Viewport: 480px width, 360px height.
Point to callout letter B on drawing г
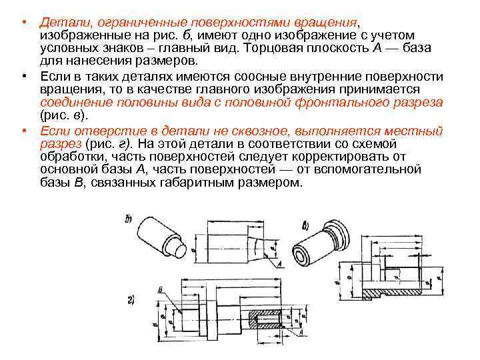(x=161, y=289)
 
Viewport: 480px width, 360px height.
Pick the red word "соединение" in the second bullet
(x=74, y=103)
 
